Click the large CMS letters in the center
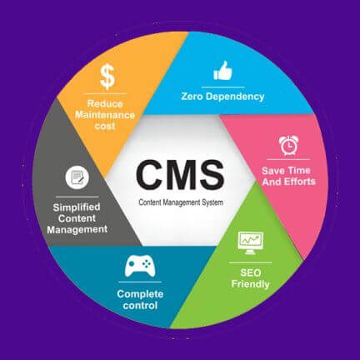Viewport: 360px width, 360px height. click(180, 175)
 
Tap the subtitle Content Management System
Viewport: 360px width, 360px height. click(181, 202)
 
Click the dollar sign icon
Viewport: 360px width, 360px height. click(107, 77)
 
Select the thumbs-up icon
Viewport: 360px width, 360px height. click(222, 71)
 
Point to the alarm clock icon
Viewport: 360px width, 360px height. click(288, 145)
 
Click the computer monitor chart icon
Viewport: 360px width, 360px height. click(251, 243)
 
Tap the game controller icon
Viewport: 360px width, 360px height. click(140, 267)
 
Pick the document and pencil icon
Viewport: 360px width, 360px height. click(77, 177)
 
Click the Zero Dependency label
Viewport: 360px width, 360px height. click(222, 97)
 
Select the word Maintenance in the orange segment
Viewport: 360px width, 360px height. click(105, 115)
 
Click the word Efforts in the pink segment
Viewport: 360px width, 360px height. click(300, 182)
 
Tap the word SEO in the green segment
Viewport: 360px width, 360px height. click(251, 272)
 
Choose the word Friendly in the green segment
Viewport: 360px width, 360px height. click(251, 284)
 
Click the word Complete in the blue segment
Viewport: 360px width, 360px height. click(140, 294)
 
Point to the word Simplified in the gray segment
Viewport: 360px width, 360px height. click(77, 207)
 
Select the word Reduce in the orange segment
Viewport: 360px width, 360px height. click(105, 103)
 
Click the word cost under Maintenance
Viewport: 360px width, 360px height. click(105, 127)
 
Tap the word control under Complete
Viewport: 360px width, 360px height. click(140, 306)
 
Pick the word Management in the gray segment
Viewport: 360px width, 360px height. click(77, 230)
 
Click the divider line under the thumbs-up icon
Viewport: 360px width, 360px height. click(222, 87)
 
